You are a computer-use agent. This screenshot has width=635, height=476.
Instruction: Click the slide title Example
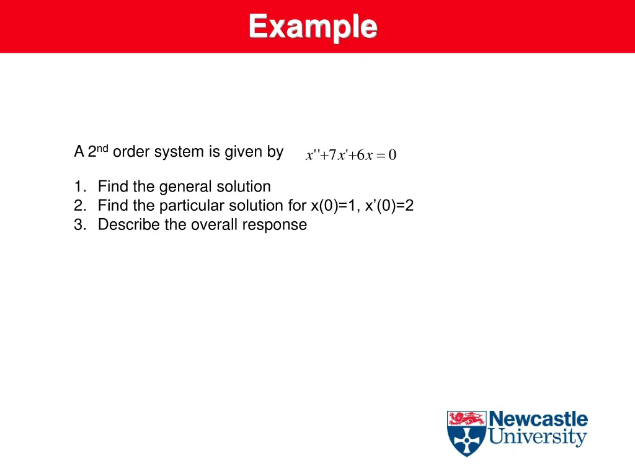click(313, 27)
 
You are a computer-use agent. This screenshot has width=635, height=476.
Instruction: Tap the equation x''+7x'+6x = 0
click(350, 155)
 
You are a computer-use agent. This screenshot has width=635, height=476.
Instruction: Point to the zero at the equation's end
click(392, 155)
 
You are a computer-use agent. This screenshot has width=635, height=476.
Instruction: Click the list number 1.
click(78, 187)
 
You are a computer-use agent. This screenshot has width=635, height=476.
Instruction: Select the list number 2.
click(78, 206)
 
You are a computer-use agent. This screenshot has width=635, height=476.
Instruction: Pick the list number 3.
click(78, 224)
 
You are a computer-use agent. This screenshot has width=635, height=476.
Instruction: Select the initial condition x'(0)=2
click(391, 206)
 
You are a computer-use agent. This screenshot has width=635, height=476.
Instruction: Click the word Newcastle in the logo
click(538, 419)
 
